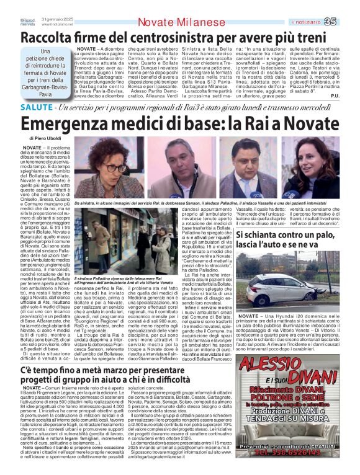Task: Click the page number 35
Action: coord(348,22)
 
